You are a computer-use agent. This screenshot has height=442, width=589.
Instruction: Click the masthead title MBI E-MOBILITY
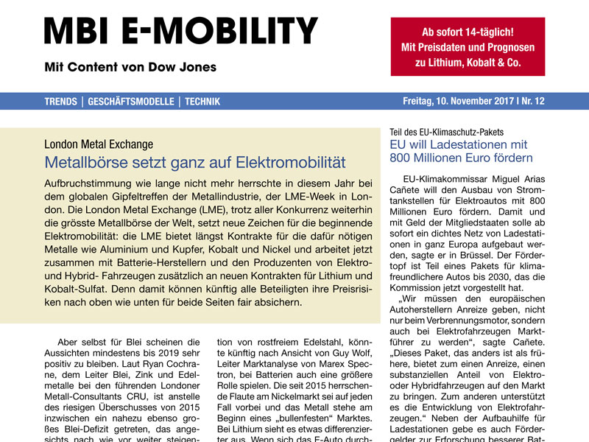(x=180, y=30)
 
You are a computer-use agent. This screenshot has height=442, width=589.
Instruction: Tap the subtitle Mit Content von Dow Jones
(x=130, y=67)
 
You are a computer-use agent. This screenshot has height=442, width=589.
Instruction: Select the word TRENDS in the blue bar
(x=60, y=102)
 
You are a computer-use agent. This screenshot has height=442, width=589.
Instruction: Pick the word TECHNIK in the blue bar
(x=202, y=102)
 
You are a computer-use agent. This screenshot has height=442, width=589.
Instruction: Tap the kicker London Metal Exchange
(x=99, y=144)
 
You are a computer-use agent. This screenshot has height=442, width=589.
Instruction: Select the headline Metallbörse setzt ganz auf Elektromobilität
(x=195, y=162)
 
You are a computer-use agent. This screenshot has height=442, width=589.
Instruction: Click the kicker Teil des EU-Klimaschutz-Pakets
(x=452, y=132)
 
